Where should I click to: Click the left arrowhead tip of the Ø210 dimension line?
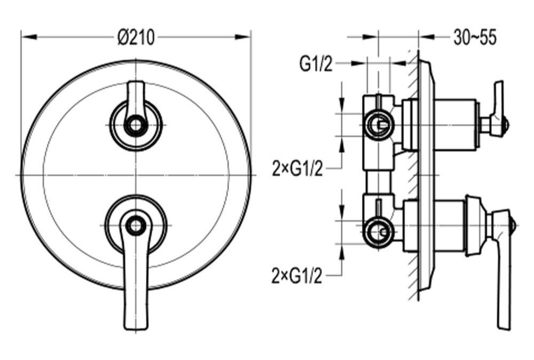pyautogui.click(x=21, y=37)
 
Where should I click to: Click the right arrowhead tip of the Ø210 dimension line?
pyautogui.click(x=250, y=37)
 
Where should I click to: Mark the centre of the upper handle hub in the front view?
pyautogui.click(x=136, y=126)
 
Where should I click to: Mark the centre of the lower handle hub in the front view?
pyautogui.click(x=136, y=225)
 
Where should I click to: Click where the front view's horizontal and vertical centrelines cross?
pyautogui.click(x=136, y=175)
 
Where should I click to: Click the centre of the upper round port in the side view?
pyautogui.click(x=378, y=124)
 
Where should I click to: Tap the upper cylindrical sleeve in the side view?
pyautogui.click(x=456, y=125)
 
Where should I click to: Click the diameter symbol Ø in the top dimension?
pyautogui.click(x=123, y=37)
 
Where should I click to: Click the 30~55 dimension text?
pyautogui.click(x=475, y=37)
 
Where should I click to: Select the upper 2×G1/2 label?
pyautogui.click(x=297, y=168)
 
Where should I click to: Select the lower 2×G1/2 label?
pyautogui.click(x=297, y=275)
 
